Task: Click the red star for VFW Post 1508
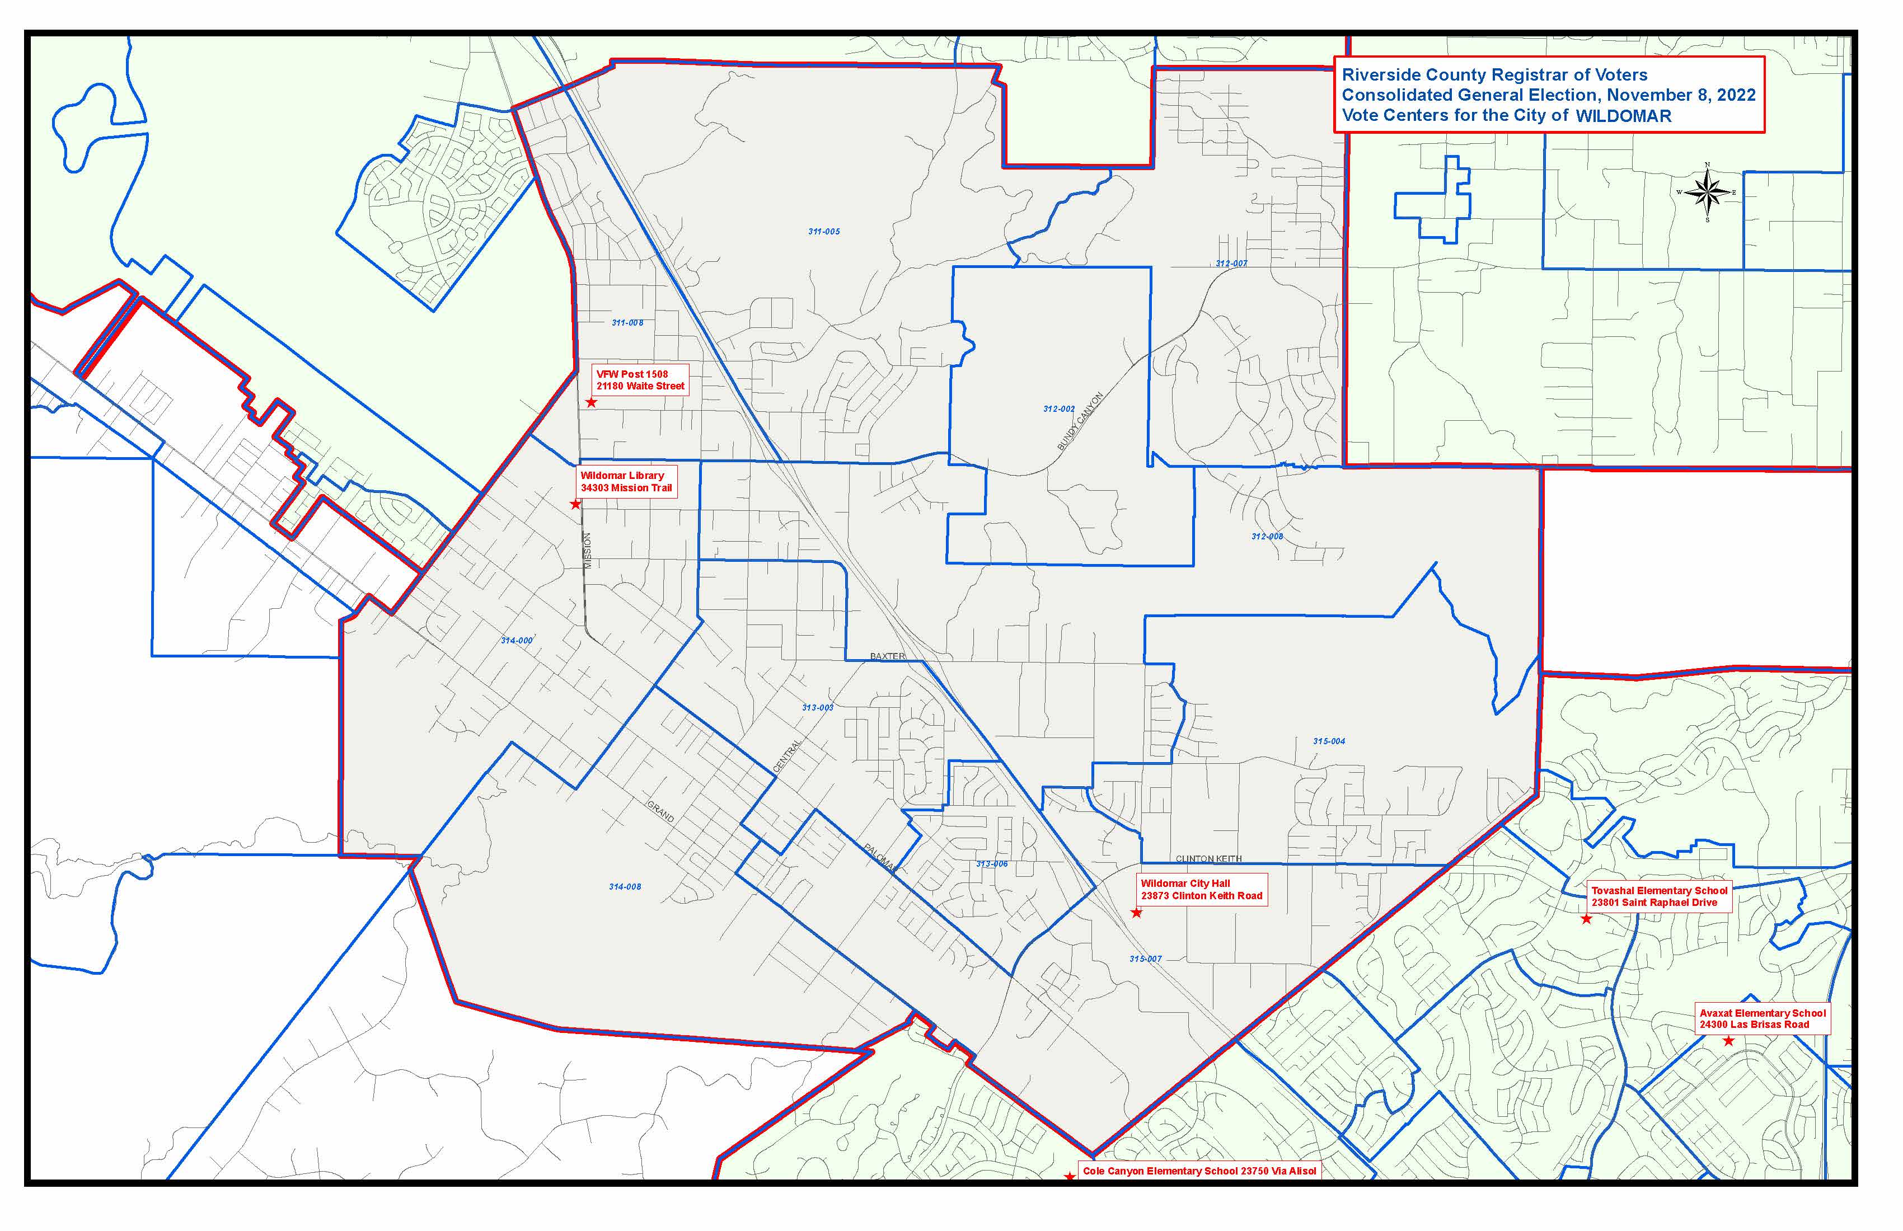(x=592, y=403)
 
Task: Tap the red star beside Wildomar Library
(x=576, y=504)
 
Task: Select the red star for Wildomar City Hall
(x=1136, y=913)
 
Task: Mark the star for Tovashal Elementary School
(x=1586, y=919)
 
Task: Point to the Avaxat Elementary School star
(x=1729, y=1041)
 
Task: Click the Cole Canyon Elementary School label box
(x=1198, y=1171)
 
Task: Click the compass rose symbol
(x=1707, y=192)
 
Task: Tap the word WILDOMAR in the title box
(x=1623, y=116)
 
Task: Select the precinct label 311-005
(x=823, y=232)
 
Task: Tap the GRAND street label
(x=660, y=811)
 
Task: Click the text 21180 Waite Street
(x=640, y=386)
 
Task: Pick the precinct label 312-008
(x=1267, y=537)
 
